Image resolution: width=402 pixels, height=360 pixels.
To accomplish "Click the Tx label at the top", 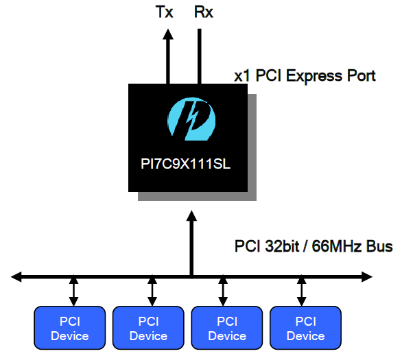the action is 165,12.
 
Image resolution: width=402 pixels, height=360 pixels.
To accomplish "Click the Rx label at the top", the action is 204,12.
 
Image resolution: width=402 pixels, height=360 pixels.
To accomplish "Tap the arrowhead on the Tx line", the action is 168,34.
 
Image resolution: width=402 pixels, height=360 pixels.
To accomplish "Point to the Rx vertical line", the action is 199,56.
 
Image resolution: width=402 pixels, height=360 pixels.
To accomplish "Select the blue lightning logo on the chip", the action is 191,119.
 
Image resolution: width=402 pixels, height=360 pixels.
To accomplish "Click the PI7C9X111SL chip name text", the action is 186,163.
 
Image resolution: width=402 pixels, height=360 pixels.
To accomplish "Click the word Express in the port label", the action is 314,76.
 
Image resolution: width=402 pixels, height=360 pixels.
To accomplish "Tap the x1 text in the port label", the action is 241,76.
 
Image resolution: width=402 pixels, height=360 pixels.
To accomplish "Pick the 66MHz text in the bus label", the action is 337,246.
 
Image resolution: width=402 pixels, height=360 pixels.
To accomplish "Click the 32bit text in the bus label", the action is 282,246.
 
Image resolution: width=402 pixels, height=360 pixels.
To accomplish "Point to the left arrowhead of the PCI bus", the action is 16,277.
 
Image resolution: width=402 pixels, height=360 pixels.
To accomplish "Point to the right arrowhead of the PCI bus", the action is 367,277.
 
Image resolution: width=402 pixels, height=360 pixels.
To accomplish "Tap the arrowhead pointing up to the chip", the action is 191,216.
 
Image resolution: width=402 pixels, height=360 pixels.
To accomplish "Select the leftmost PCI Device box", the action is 70,328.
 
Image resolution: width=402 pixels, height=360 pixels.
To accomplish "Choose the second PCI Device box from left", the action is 148,328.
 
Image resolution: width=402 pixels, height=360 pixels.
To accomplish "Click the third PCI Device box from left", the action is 227,328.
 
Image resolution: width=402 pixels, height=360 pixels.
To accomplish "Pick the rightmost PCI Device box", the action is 305,328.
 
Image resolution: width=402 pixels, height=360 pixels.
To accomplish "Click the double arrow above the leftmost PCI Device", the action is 73,291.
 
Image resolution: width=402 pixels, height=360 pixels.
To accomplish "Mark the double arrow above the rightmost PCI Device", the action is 302,291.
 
